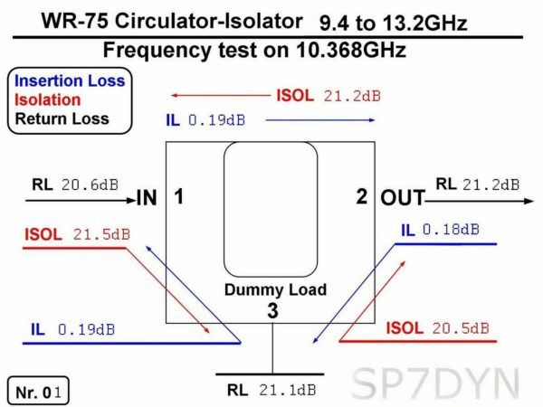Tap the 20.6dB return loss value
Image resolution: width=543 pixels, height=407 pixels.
coord(90,185)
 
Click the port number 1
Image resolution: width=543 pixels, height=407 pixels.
coord(178,196)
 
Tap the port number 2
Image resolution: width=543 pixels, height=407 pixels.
coord(361,196)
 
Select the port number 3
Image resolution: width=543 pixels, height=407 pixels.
coord(272,310)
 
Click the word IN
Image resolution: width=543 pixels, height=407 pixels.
coord(147,198)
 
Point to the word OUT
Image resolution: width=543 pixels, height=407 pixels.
coord(403,198)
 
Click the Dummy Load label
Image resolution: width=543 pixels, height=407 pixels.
coord(275,290)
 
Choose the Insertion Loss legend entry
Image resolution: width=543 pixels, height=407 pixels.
coord(70,81)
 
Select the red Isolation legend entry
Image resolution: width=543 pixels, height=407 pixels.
coord(47,100)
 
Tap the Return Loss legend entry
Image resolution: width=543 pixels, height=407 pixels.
coord(62,118)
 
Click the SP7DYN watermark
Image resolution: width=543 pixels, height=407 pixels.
coord(435,384)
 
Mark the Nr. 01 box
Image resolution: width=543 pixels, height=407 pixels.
coord(38,391)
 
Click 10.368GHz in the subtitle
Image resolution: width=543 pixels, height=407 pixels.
coord(350,50)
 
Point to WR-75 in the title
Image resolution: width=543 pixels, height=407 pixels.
coord(75,22)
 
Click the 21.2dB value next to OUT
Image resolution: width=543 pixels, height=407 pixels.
coord(491,185)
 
